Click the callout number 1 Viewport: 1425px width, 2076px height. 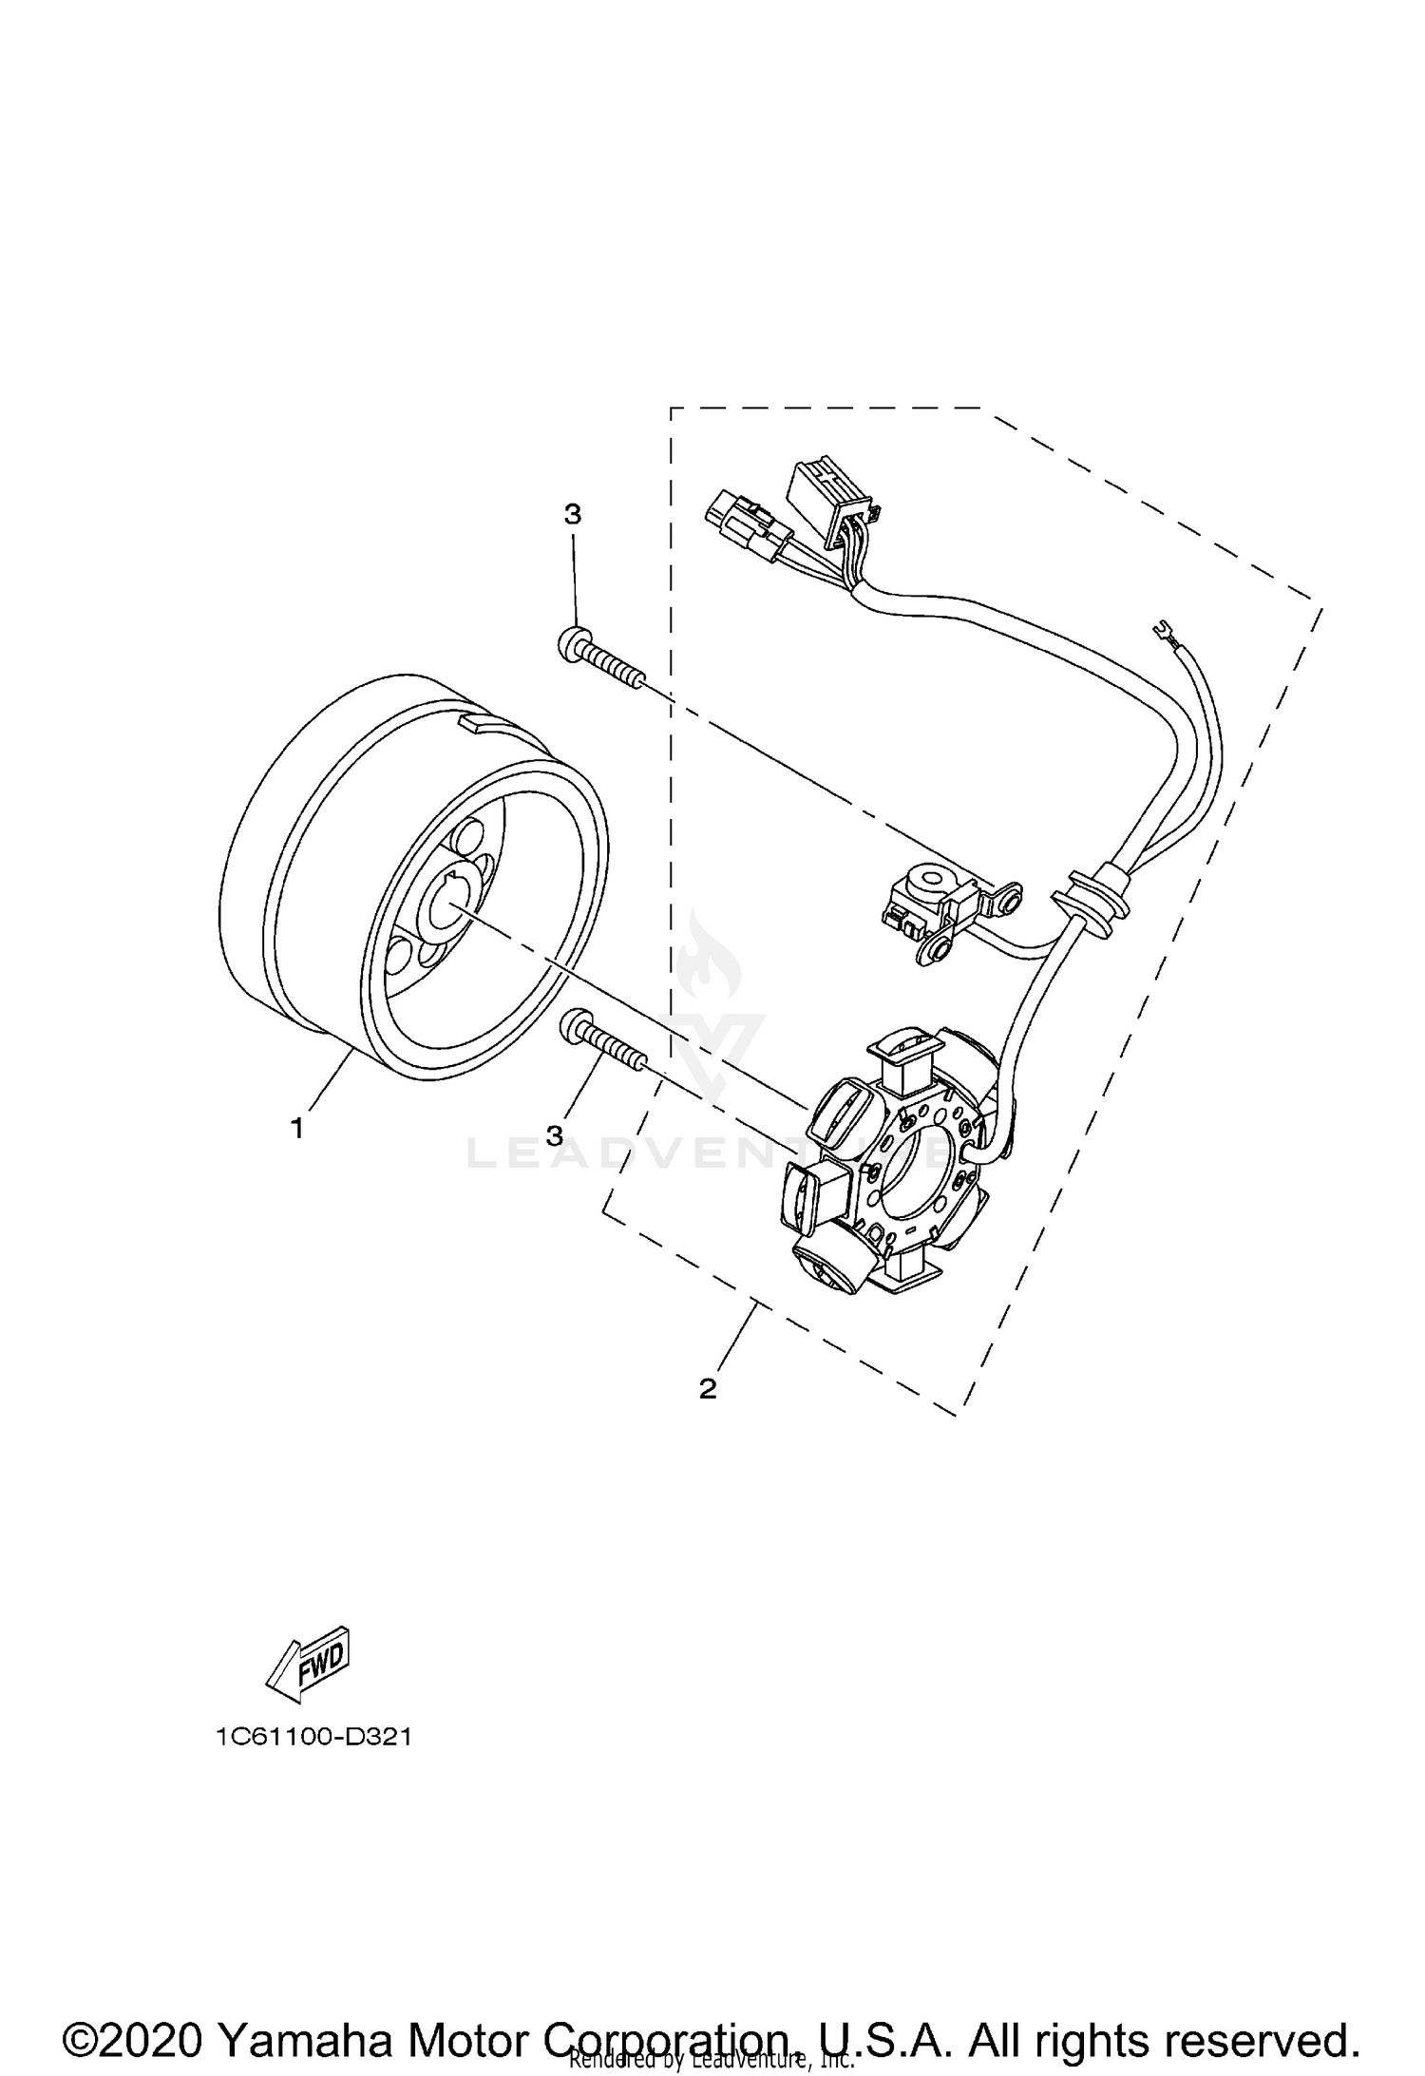pos(297,1130)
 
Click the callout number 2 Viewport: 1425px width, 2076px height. pos(707,1388)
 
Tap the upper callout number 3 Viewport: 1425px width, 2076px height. pos(572,514)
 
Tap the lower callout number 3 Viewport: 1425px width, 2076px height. pos(555,1134)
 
